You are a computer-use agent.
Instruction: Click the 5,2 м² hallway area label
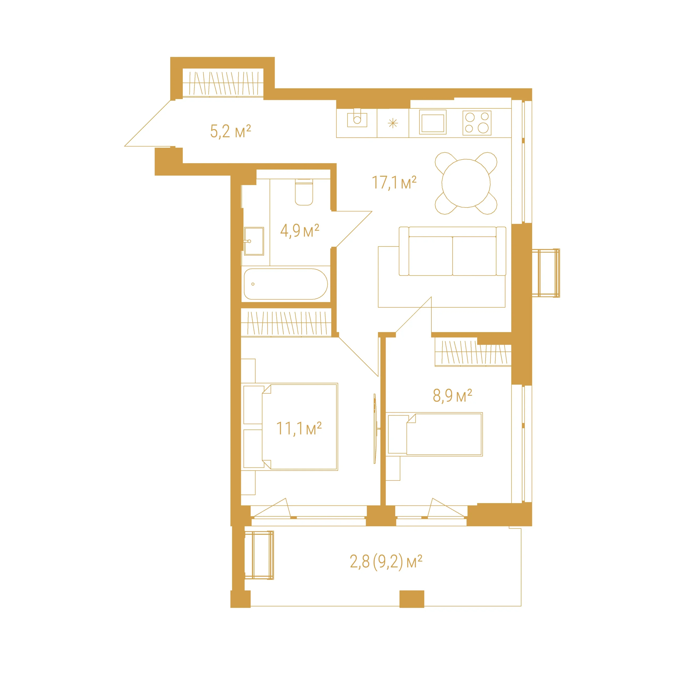[231, 131]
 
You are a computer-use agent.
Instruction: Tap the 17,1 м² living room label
[394, 183]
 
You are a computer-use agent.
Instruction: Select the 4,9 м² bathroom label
[300, 231]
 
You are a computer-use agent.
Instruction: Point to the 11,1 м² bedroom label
[299, 428]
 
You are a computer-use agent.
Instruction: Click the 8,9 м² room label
[452, 395]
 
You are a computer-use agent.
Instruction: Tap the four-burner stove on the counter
[477, 123]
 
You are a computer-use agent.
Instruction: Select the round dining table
[466, 183]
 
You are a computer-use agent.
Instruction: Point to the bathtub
[286, 284]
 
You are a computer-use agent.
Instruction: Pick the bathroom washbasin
[254, 241]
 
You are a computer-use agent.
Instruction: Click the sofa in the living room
[452, 251]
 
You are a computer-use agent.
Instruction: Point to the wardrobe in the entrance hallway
[223, 83]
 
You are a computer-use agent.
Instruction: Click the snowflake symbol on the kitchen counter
[393, 123]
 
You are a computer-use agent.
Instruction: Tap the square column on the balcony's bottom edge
[412, 599]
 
